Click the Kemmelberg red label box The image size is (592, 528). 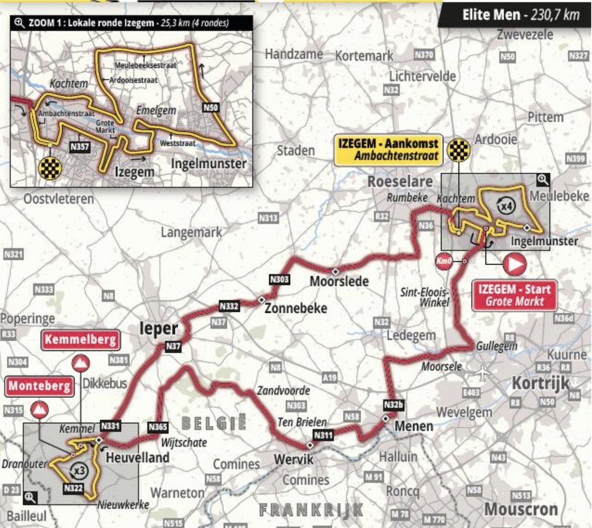(80, 340)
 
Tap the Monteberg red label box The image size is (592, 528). (39, 386)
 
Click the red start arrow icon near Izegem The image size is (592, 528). (514, 265)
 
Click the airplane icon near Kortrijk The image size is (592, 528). (483, 372)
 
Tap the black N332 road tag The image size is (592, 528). (229, 306)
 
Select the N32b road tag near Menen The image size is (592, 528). (393, 404)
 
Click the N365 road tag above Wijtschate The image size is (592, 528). (158, 427)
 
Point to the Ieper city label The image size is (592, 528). (158, 329)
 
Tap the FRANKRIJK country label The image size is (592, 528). (311, 510)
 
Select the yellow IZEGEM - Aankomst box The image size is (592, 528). (388, 149)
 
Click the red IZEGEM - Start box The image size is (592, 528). (514, 295)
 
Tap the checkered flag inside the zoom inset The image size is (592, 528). (50, 168)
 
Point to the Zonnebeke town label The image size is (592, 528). (296, 308)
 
